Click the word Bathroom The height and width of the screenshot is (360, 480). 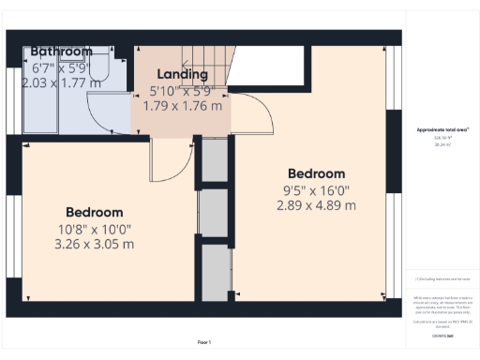coord(61,52)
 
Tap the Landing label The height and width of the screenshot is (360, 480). coord(183,73)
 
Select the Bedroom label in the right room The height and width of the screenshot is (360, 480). coord(316,173)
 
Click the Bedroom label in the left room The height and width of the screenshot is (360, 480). coord(94,212)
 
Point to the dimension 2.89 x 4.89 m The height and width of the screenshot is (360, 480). coord(316,205)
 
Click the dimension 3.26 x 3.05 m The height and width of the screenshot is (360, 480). coord(94,244)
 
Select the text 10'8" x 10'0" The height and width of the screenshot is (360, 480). coord(94,228)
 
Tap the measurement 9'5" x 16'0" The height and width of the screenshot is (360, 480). coord(316,189)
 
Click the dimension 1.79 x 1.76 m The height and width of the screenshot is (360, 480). coord(183,106)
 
